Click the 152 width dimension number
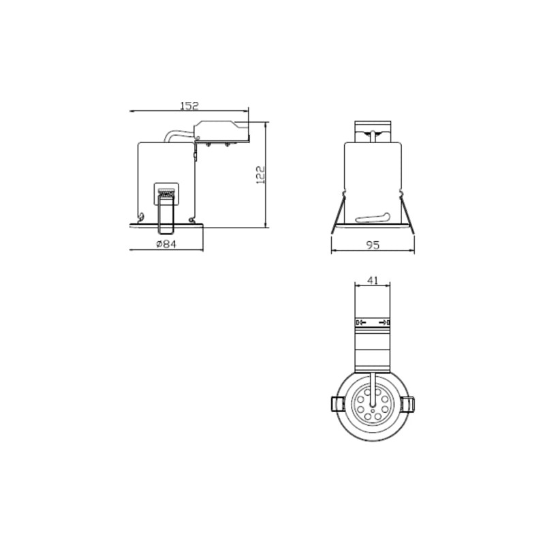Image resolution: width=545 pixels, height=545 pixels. [x=189, y=105]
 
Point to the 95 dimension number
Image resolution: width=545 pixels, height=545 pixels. [x=372, y=245]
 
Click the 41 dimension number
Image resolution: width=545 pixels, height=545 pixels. [x=373, y=280]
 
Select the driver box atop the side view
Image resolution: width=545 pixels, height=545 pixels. [x=222, y=131]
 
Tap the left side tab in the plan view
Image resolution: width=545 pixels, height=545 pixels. [x=337, y=404]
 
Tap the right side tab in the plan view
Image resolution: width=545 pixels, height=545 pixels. [x=408, y=404]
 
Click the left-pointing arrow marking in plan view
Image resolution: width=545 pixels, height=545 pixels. [x=362, y=322]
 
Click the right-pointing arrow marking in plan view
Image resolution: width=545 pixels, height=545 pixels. [x=384, y=322]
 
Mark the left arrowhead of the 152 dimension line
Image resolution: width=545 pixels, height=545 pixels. [x=131, y=110]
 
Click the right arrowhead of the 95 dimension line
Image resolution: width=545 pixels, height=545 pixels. [x=413, y=251]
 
